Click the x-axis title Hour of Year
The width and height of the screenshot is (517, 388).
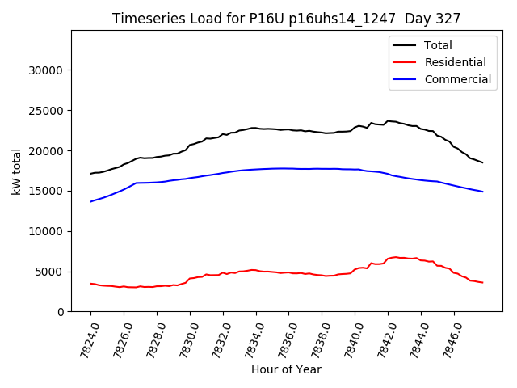[286, 369]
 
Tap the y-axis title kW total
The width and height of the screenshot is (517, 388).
[15, 171]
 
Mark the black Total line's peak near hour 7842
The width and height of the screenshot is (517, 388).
[389, 121]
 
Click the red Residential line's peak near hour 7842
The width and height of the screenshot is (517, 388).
[395, 257]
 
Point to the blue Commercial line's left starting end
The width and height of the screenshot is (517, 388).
[90, 201]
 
